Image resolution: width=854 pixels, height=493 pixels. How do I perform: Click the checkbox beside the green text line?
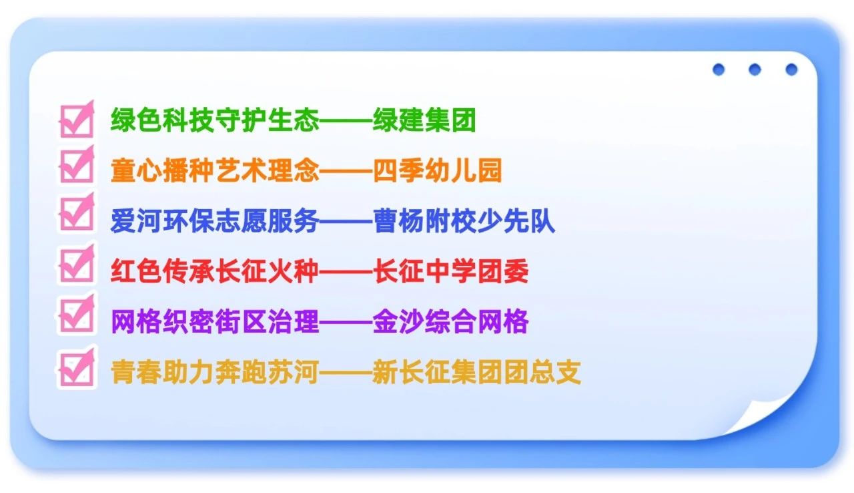[76, 120]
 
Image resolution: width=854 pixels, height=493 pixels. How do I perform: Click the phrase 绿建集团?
[424, 121]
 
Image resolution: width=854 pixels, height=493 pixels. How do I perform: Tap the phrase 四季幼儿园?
[437, 172]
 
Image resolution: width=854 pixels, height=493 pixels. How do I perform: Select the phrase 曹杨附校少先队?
[464, 222]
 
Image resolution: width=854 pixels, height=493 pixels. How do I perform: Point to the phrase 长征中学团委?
[450, 272]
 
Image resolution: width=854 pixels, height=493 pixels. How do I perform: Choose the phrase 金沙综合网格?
[450, 322]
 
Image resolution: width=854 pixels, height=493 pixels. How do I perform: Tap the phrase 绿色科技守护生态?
[215, 121]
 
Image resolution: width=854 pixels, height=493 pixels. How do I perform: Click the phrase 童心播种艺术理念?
[215, 172]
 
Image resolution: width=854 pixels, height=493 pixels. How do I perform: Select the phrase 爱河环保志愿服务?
[215, 222]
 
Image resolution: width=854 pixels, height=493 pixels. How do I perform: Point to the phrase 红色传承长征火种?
[215, 272]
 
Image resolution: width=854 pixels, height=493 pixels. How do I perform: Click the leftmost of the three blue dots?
[719, 69]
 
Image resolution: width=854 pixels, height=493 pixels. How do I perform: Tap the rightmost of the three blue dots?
[791, 69]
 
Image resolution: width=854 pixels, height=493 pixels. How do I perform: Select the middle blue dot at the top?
[755, 69]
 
